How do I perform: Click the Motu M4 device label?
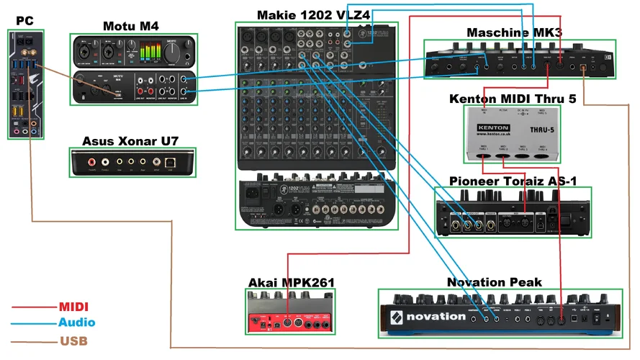point(130,27)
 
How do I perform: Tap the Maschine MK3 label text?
point(514,32)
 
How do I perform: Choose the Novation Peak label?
point(494,282)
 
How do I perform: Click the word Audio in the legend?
point(76,323)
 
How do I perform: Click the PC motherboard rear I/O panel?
point(24,84)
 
